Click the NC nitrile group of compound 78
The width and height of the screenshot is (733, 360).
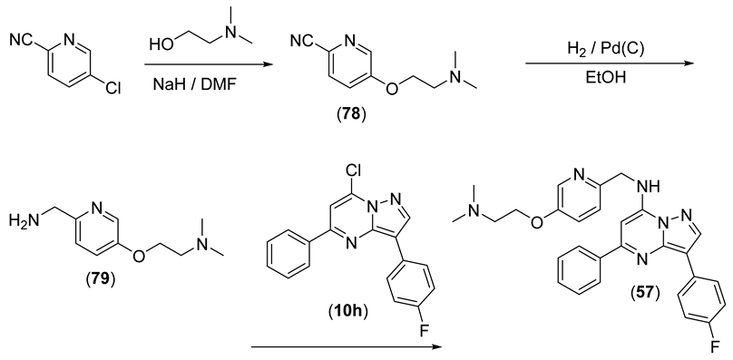pos(301,41)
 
